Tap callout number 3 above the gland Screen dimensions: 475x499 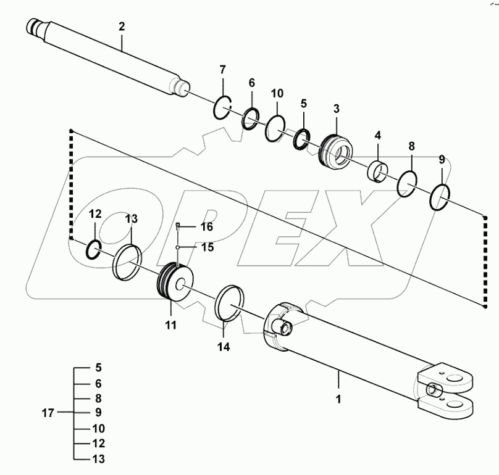336,109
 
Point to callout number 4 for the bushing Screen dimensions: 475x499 377,135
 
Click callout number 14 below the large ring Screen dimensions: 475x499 223,347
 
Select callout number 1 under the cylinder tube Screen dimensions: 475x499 338,399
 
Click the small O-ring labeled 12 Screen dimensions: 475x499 93,248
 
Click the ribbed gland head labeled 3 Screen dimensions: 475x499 337,152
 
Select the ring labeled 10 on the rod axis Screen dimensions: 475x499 275,129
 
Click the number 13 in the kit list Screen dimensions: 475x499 98,459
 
